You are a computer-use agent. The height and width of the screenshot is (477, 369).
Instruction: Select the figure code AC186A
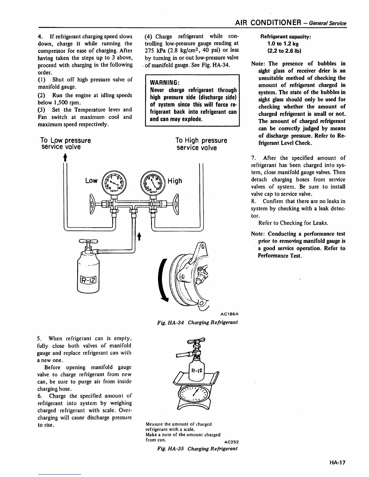click(230, 314)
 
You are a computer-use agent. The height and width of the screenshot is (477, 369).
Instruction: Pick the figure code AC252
click(232, 442)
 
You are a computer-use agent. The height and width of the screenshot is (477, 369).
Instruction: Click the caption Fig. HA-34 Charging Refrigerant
click(197, 322)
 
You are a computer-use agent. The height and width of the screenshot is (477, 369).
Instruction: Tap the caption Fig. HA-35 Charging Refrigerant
click(197, 448)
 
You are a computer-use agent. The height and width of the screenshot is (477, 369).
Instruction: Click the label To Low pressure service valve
click(65, 144)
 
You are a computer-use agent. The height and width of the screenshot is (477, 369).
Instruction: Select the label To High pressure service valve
click(201, 144)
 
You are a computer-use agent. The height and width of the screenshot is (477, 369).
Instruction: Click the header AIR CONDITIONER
click(267, 23)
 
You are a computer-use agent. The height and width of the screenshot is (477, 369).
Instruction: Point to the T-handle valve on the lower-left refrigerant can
click(88, 242)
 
